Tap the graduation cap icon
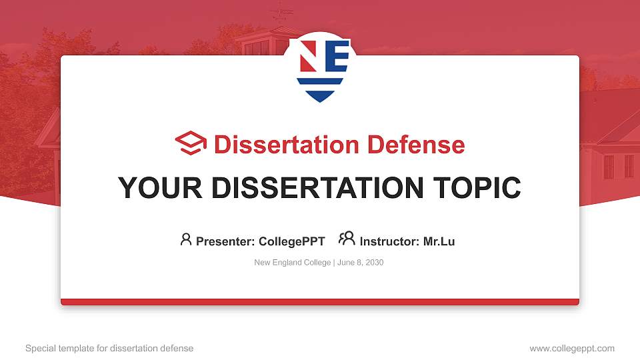click(x=191, y=144)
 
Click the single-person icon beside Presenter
click(x=186, y=239)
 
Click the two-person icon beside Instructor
click(x=347, y=239)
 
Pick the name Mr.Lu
click(x=439, y=241)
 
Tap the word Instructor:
click(x=389, y=241)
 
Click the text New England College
click(x=292, y=263)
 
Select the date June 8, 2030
click(x=361, y=263)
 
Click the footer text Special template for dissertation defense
click(x=109, y=348)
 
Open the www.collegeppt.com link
click(x=572, y=348)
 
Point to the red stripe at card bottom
click(x=320, y=302)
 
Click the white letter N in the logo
click(x=308, y=57)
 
